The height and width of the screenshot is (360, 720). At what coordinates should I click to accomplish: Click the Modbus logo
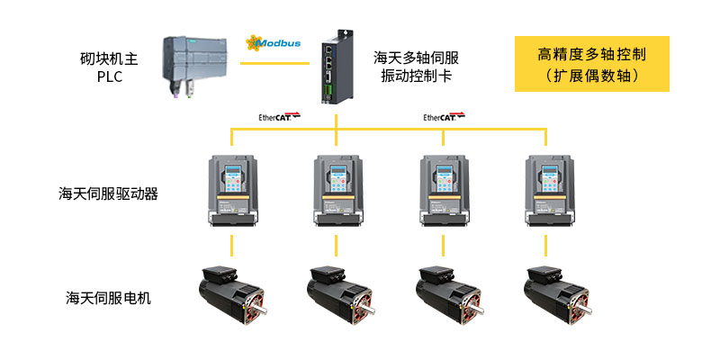[x=274, y=42]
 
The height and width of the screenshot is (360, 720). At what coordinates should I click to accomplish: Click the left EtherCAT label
[x=278, y=116]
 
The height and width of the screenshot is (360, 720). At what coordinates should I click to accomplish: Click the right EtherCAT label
[x=445, y=116]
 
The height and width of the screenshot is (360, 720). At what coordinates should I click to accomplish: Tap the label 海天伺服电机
[x=108, y=296]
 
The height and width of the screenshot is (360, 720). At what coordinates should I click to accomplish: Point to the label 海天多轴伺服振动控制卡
[x=416, y=67]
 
